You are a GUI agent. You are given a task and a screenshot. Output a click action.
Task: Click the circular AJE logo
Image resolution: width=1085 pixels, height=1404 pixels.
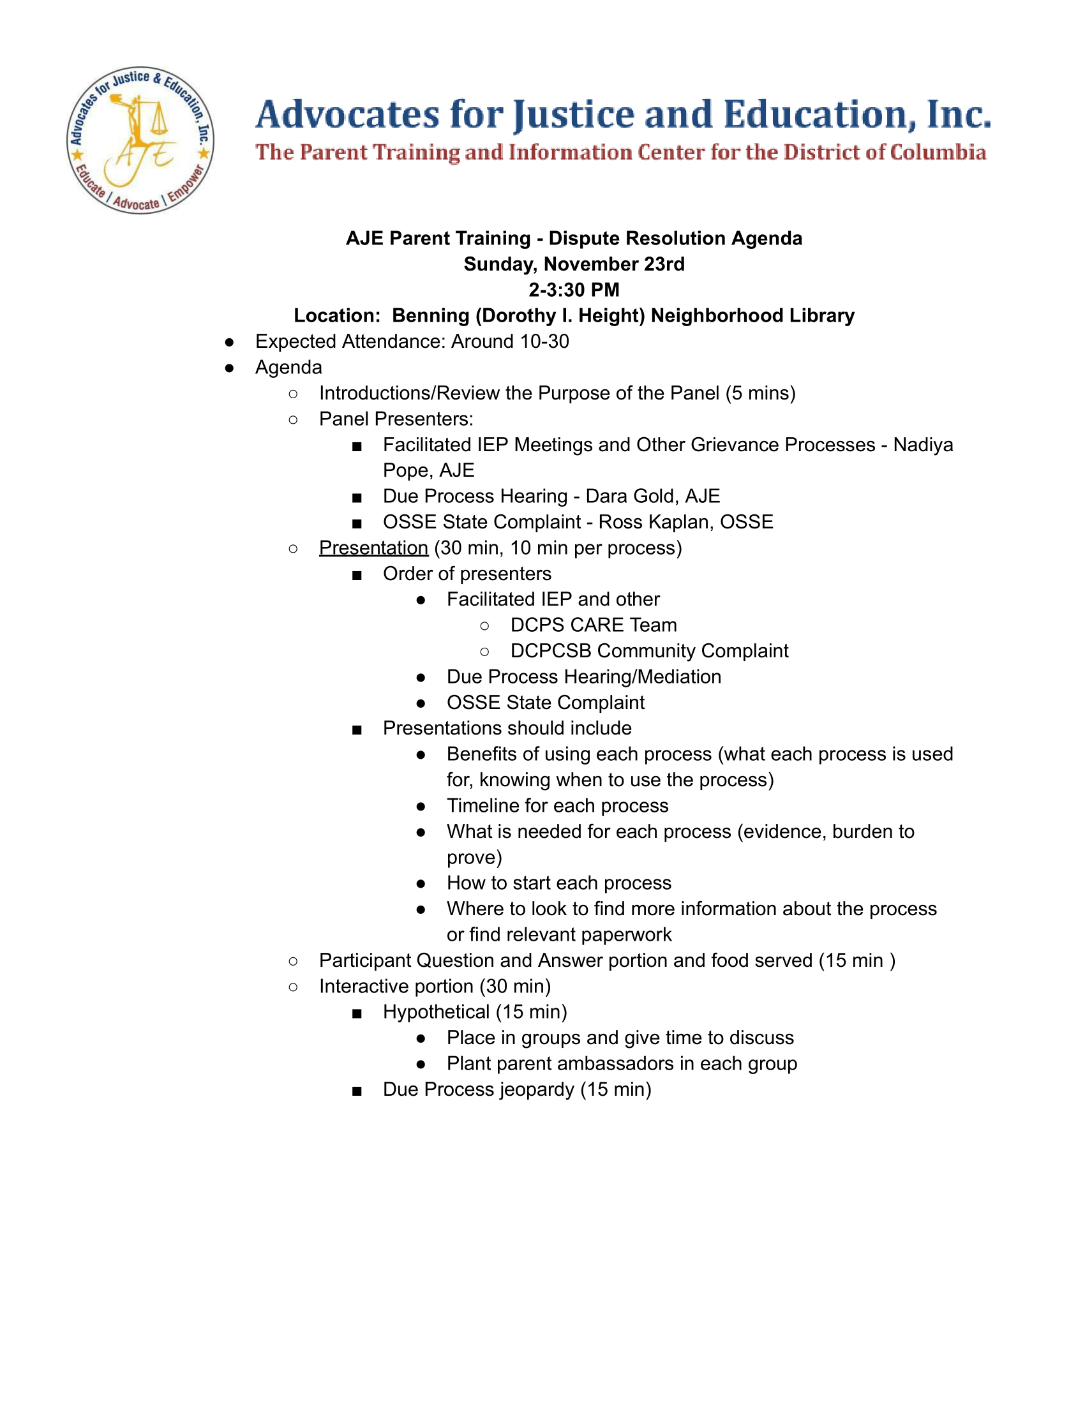tap(140, 140)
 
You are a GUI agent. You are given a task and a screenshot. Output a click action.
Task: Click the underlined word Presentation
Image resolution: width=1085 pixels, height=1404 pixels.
tap(373, 548)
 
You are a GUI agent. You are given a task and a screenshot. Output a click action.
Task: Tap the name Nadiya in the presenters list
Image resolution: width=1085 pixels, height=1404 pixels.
tap(923, 445)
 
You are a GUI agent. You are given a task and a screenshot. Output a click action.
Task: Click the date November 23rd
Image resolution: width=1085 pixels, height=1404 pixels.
tap(614, 264)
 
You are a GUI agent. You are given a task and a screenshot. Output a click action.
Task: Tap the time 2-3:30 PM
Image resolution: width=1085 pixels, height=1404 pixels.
tap(574, 290)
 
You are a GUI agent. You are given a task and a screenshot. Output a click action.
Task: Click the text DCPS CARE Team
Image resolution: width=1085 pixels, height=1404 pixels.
tap(594, 625)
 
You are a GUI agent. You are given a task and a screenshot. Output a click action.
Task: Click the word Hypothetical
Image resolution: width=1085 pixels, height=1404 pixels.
tap(436, 1012)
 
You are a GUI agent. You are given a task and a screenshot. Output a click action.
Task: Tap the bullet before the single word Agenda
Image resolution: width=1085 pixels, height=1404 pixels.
tap(230, 368)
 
